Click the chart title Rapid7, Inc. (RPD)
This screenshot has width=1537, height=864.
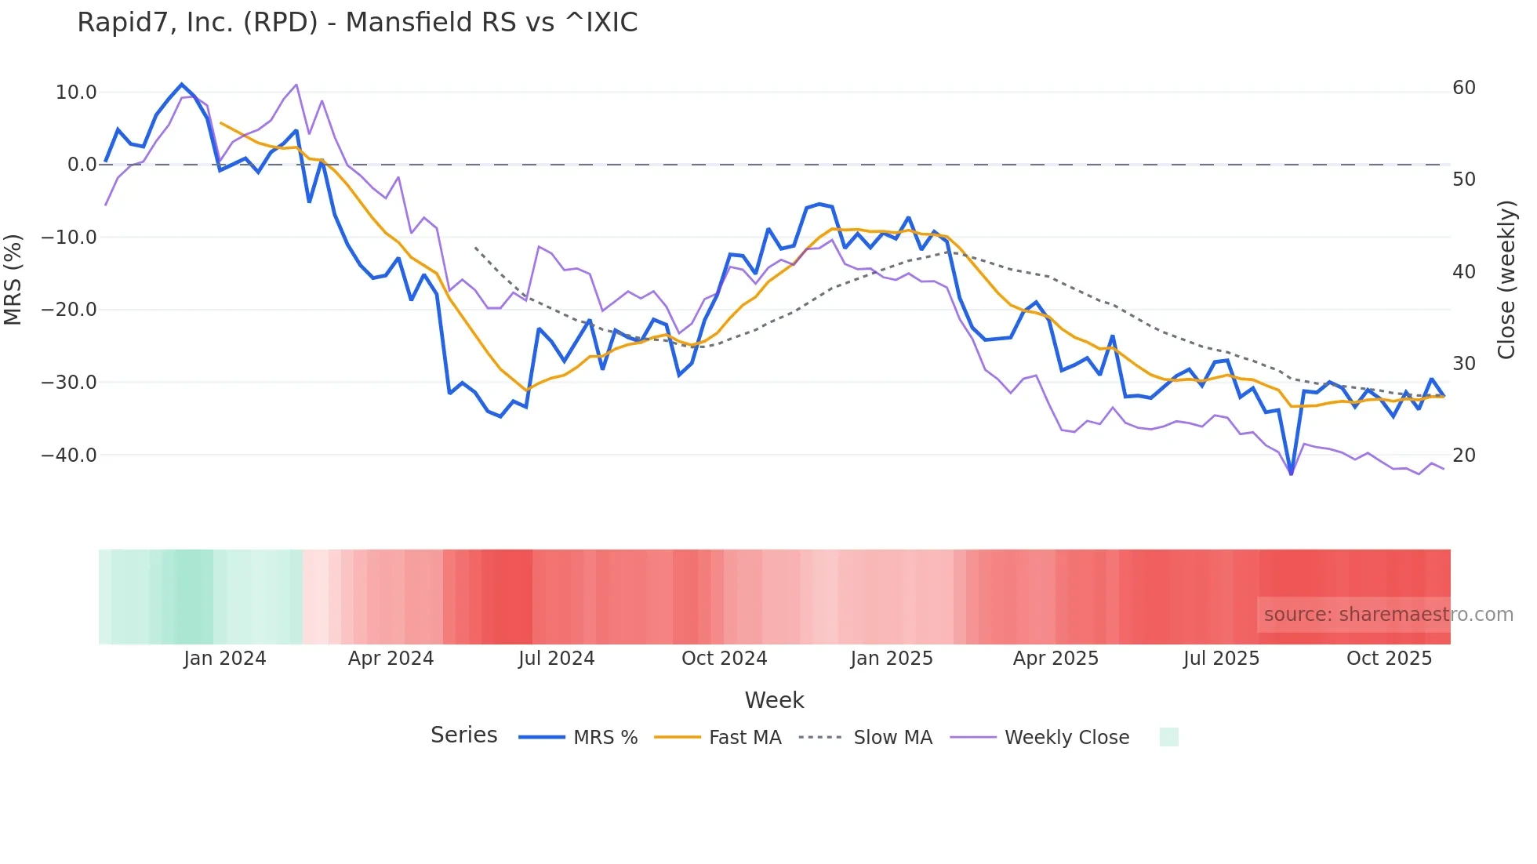357,23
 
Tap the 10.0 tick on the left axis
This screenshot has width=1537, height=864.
76,93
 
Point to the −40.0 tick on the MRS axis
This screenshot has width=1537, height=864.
69,456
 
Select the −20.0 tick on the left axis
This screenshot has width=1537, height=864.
69,310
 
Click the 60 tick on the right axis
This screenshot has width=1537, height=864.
1464,88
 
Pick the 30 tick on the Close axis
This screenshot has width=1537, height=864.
1464,364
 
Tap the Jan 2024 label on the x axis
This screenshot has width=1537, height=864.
225,659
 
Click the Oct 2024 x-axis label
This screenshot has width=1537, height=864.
724,659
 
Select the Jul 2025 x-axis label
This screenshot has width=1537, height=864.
1221,659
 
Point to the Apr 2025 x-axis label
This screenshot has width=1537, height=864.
1056,659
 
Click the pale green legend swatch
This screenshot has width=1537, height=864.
1168,737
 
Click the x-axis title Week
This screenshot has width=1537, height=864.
774,700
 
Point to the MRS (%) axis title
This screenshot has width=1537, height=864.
13,279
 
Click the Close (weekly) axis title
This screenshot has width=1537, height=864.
1506,279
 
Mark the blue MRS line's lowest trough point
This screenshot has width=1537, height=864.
1291,474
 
